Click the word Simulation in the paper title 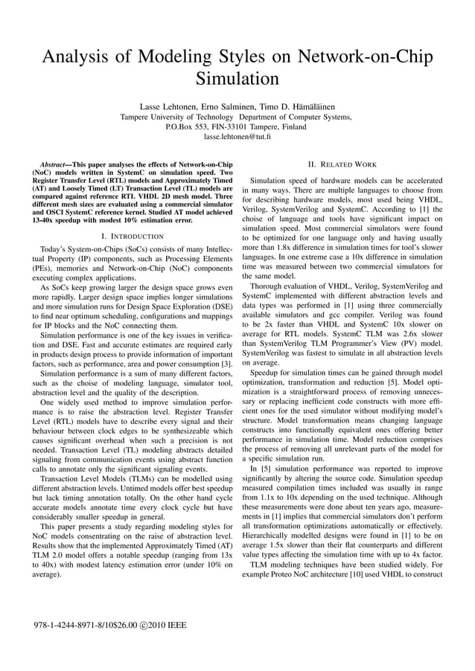237,78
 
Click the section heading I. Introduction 132,236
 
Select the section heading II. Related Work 342,164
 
